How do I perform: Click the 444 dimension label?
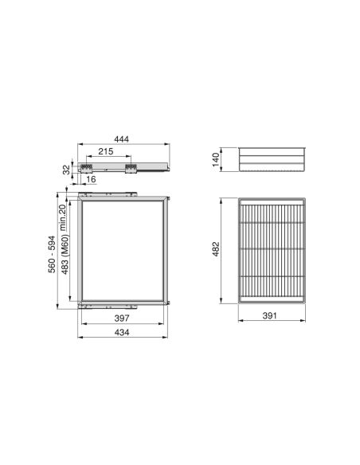(122, 139)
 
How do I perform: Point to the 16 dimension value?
(92, 180)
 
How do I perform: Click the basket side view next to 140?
(272, 159)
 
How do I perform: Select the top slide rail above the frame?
(108, 193)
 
